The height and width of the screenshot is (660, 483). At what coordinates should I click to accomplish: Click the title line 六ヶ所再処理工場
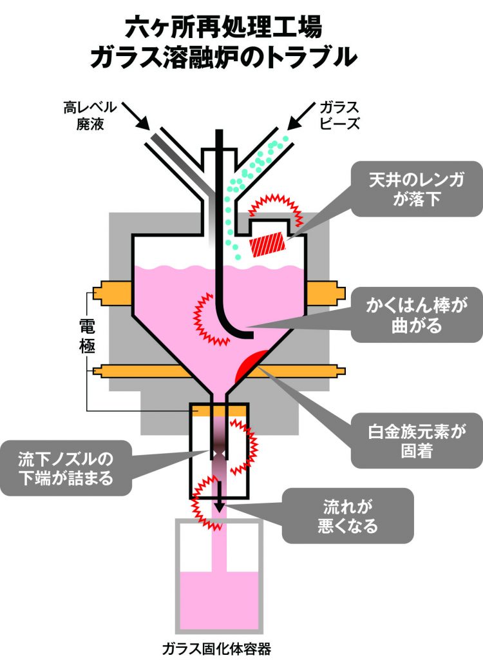click(x=224, y=27)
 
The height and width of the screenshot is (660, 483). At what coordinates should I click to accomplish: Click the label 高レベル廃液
click(x=90, y=115)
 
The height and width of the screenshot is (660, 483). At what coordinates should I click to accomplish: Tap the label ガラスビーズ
click(x=339, y=115)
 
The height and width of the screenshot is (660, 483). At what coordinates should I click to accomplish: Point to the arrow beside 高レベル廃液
click(x=138, y=115)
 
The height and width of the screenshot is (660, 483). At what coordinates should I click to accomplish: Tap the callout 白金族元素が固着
click(x=417, y=440)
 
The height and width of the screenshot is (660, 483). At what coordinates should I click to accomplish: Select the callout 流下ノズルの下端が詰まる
click(x=66, y=468)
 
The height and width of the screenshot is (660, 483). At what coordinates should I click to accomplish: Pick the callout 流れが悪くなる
click(x=348, y=516)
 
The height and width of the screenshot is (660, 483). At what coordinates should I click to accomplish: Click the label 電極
click(x=87, y=335)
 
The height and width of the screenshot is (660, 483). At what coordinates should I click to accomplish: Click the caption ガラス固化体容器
click(x=216, y=648)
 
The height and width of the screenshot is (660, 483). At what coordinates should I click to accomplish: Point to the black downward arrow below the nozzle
click(x=219, y=496)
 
